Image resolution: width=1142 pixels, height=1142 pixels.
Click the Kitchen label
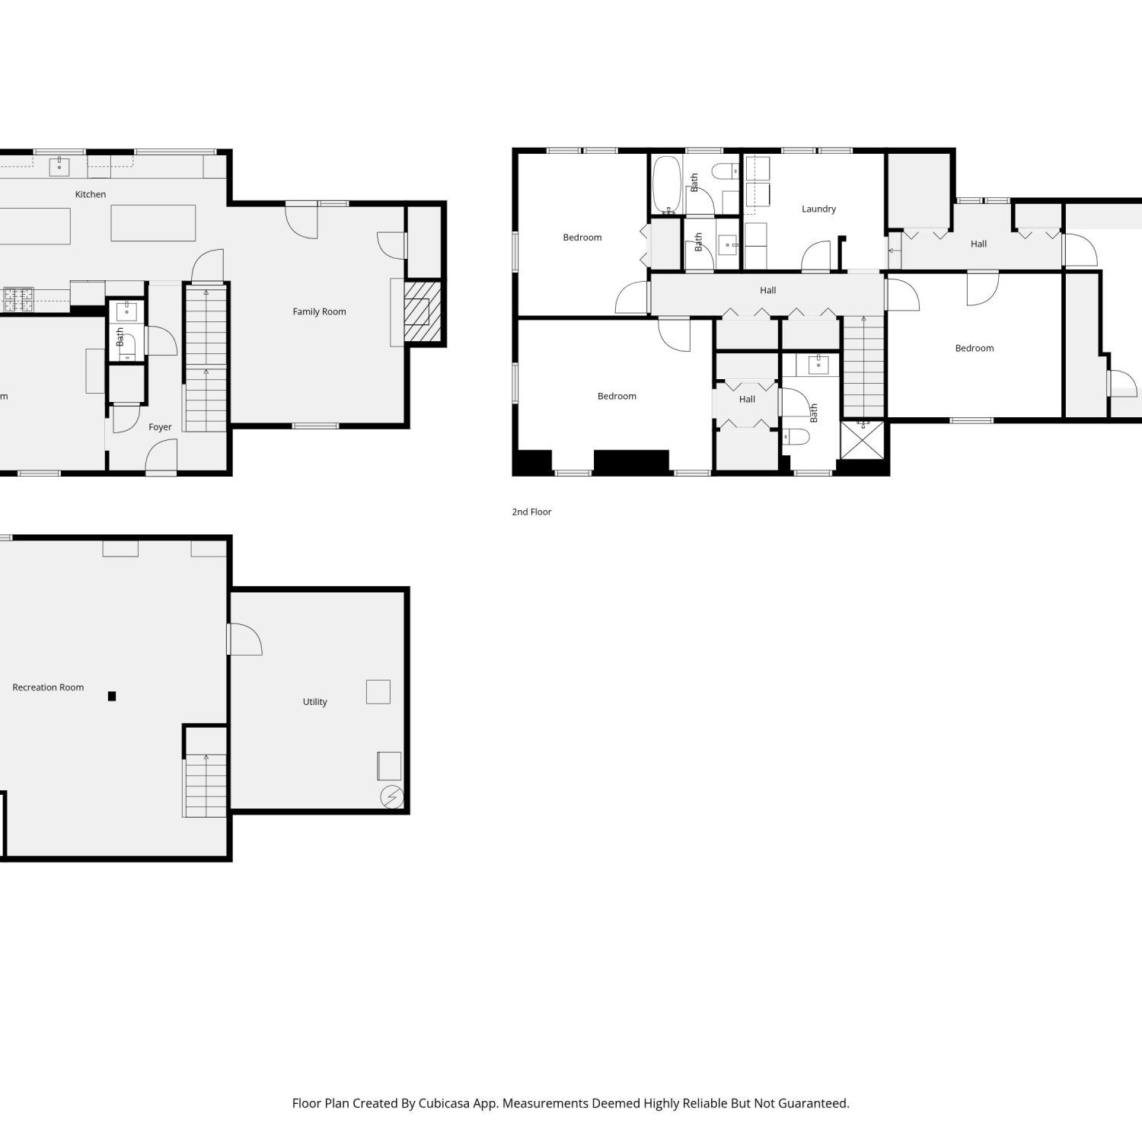pos(91,194)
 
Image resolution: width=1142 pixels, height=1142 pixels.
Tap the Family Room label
pos(319,311)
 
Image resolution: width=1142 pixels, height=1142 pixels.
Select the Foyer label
pos(160,427)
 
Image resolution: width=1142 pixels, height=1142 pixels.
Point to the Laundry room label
pos(818,209)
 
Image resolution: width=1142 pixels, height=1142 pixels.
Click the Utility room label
pos(314,702)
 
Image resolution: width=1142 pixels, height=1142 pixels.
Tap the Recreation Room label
pos(48,687)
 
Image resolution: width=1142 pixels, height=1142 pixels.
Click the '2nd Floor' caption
pos(531,512)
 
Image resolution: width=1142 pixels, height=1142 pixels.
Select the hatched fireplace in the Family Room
pos(423,312)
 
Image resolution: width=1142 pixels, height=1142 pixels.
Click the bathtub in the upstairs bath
pos(666,185)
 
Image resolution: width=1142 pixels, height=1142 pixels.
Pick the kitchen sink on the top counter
pos(59,166)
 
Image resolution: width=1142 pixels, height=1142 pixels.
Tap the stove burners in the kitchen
pos(19,299)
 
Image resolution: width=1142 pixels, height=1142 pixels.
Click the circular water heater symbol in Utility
pos(392,796)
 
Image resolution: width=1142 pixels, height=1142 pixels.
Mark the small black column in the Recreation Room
pos(112,696)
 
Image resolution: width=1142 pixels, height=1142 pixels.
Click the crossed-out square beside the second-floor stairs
pos(863,440)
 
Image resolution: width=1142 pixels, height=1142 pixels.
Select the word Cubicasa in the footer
pos(444,1103)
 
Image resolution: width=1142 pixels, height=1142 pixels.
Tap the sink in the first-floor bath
pos(126,311)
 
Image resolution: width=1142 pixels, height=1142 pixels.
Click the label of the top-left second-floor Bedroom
pos(582,238)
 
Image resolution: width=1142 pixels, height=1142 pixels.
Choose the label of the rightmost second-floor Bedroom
pos(975,348)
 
